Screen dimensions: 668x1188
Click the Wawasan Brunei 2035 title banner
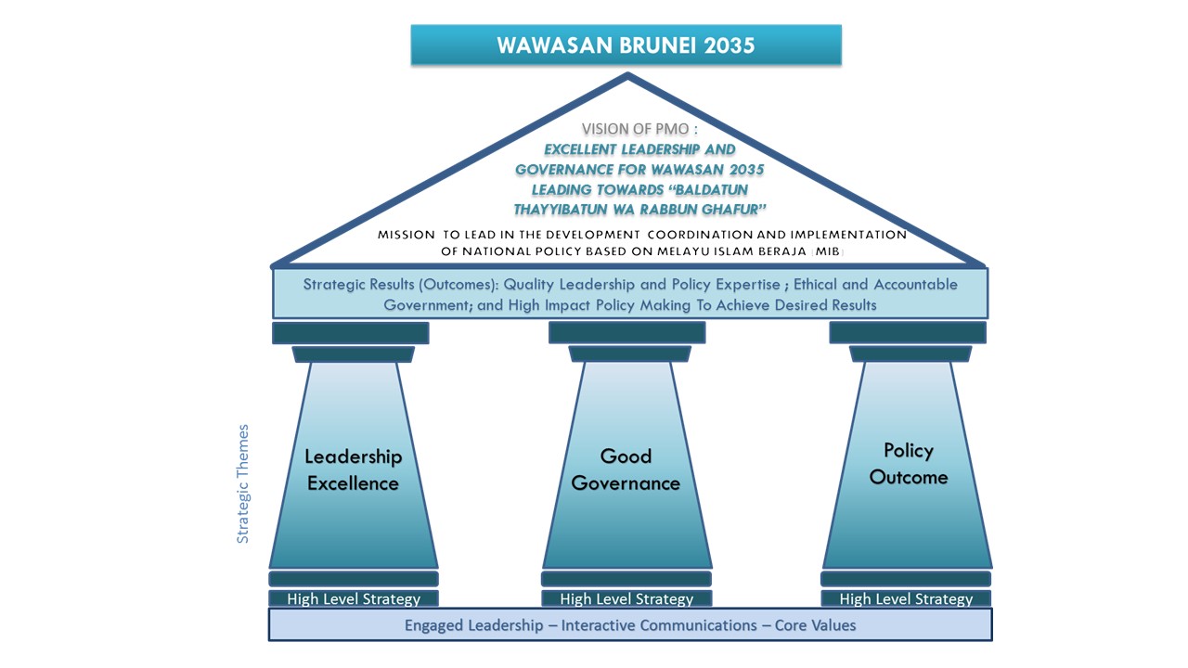[626, 45]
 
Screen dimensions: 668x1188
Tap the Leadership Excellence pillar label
[353, 469]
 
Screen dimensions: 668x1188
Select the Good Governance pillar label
[626, 469]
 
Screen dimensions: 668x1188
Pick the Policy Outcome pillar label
[908, 464]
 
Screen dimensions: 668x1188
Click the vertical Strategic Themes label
[243, 483]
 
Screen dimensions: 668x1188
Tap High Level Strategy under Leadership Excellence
[353, 599]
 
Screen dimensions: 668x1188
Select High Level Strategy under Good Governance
[626, 599]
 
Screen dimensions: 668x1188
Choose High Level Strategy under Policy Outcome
[906, 599]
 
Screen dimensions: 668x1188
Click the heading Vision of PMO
[639, 129]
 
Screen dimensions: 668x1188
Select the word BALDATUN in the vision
[711, 189]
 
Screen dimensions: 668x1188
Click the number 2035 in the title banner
[729, 45]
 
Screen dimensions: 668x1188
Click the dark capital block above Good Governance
[626, 332]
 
